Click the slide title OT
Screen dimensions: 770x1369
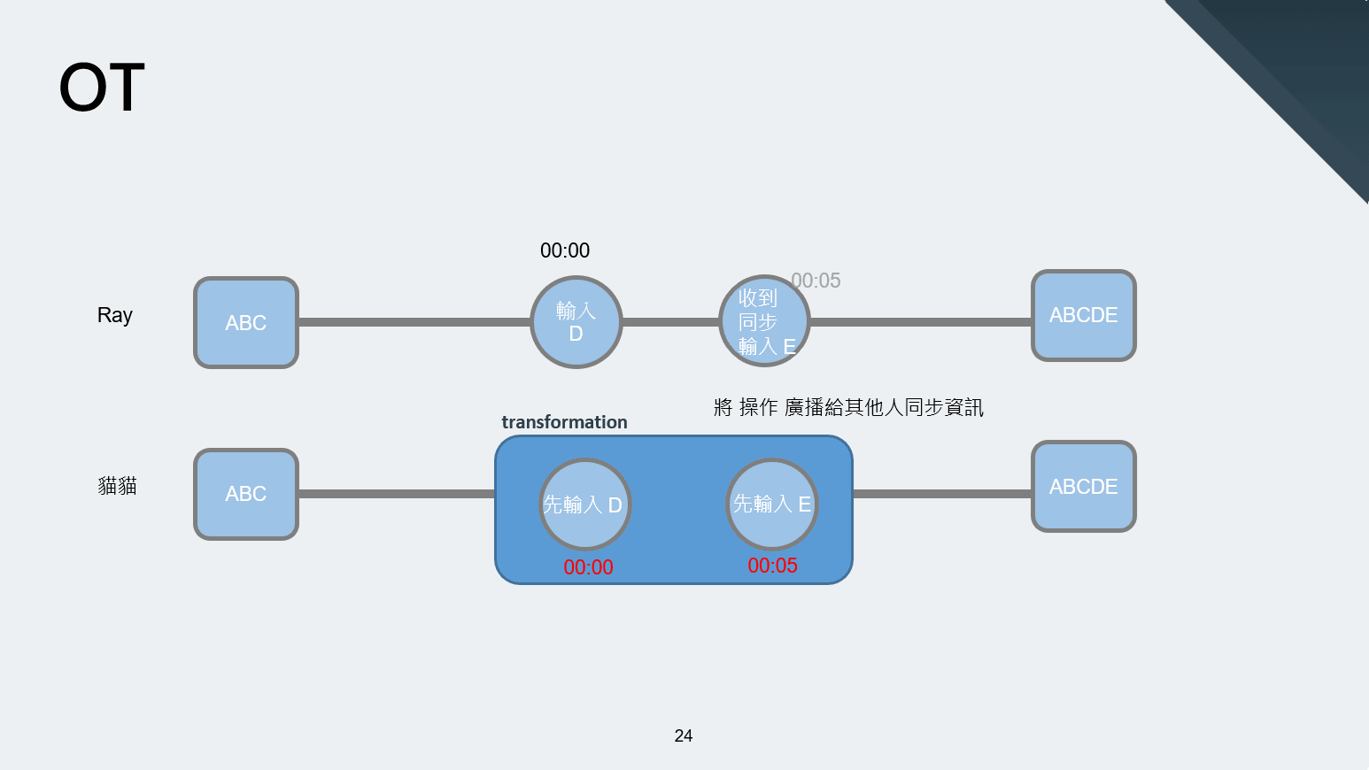(x=102, y=88)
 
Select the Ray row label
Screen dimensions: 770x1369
(x=115, y=315)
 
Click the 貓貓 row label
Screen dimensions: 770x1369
(x=117, y=486)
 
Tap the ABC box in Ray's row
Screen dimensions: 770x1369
(x=246, y=323)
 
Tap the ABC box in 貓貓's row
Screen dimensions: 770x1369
(x=246, y=494)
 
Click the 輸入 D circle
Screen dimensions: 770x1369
(x=576, y=322)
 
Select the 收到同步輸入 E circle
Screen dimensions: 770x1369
(x=763, y=321)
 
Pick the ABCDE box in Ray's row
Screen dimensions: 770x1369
(x=1084, y=315)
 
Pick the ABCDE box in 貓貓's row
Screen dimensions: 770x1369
(x=1084, y=487)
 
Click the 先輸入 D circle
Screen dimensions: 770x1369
(x=584, y=504)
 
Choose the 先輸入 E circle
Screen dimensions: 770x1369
(x=772, y=504)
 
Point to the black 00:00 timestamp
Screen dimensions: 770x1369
(x=565, y=250)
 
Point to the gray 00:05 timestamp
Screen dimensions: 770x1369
(x=816, y=281)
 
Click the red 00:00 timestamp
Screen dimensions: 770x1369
(x=589, y=567)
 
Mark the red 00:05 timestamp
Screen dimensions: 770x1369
(x=773, y=566)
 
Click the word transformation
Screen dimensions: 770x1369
(x=564, y=422)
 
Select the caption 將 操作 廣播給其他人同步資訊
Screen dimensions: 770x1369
(x=848, y=407)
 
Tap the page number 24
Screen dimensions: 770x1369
(x=684, y=735)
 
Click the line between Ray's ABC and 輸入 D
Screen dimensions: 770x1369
(x=414, y=322)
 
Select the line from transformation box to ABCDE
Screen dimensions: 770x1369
(x=942, y=493)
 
